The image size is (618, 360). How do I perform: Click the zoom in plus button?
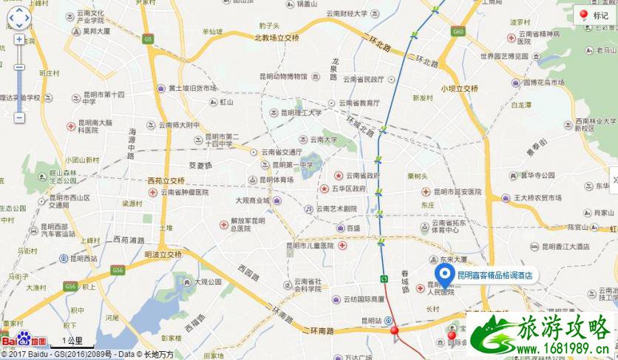point(19,40)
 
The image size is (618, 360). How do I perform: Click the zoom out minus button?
point(19,118)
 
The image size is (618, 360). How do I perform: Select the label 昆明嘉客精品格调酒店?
point(495,275)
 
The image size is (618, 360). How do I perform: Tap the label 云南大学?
point(322,139)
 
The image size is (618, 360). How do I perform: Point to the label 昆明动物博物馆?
point(282,75)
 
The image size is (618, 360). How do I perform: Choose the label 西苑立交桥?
point(165,180)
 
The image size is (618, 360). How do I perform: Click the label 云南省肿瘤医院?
point(185,191)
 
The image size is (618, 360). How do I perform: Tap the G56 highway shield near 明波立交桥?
point(118,271)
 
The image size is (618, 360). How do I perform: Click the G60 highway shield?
point(458,33)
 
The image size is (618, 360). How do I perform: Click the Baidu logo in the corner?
point(24,342)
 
